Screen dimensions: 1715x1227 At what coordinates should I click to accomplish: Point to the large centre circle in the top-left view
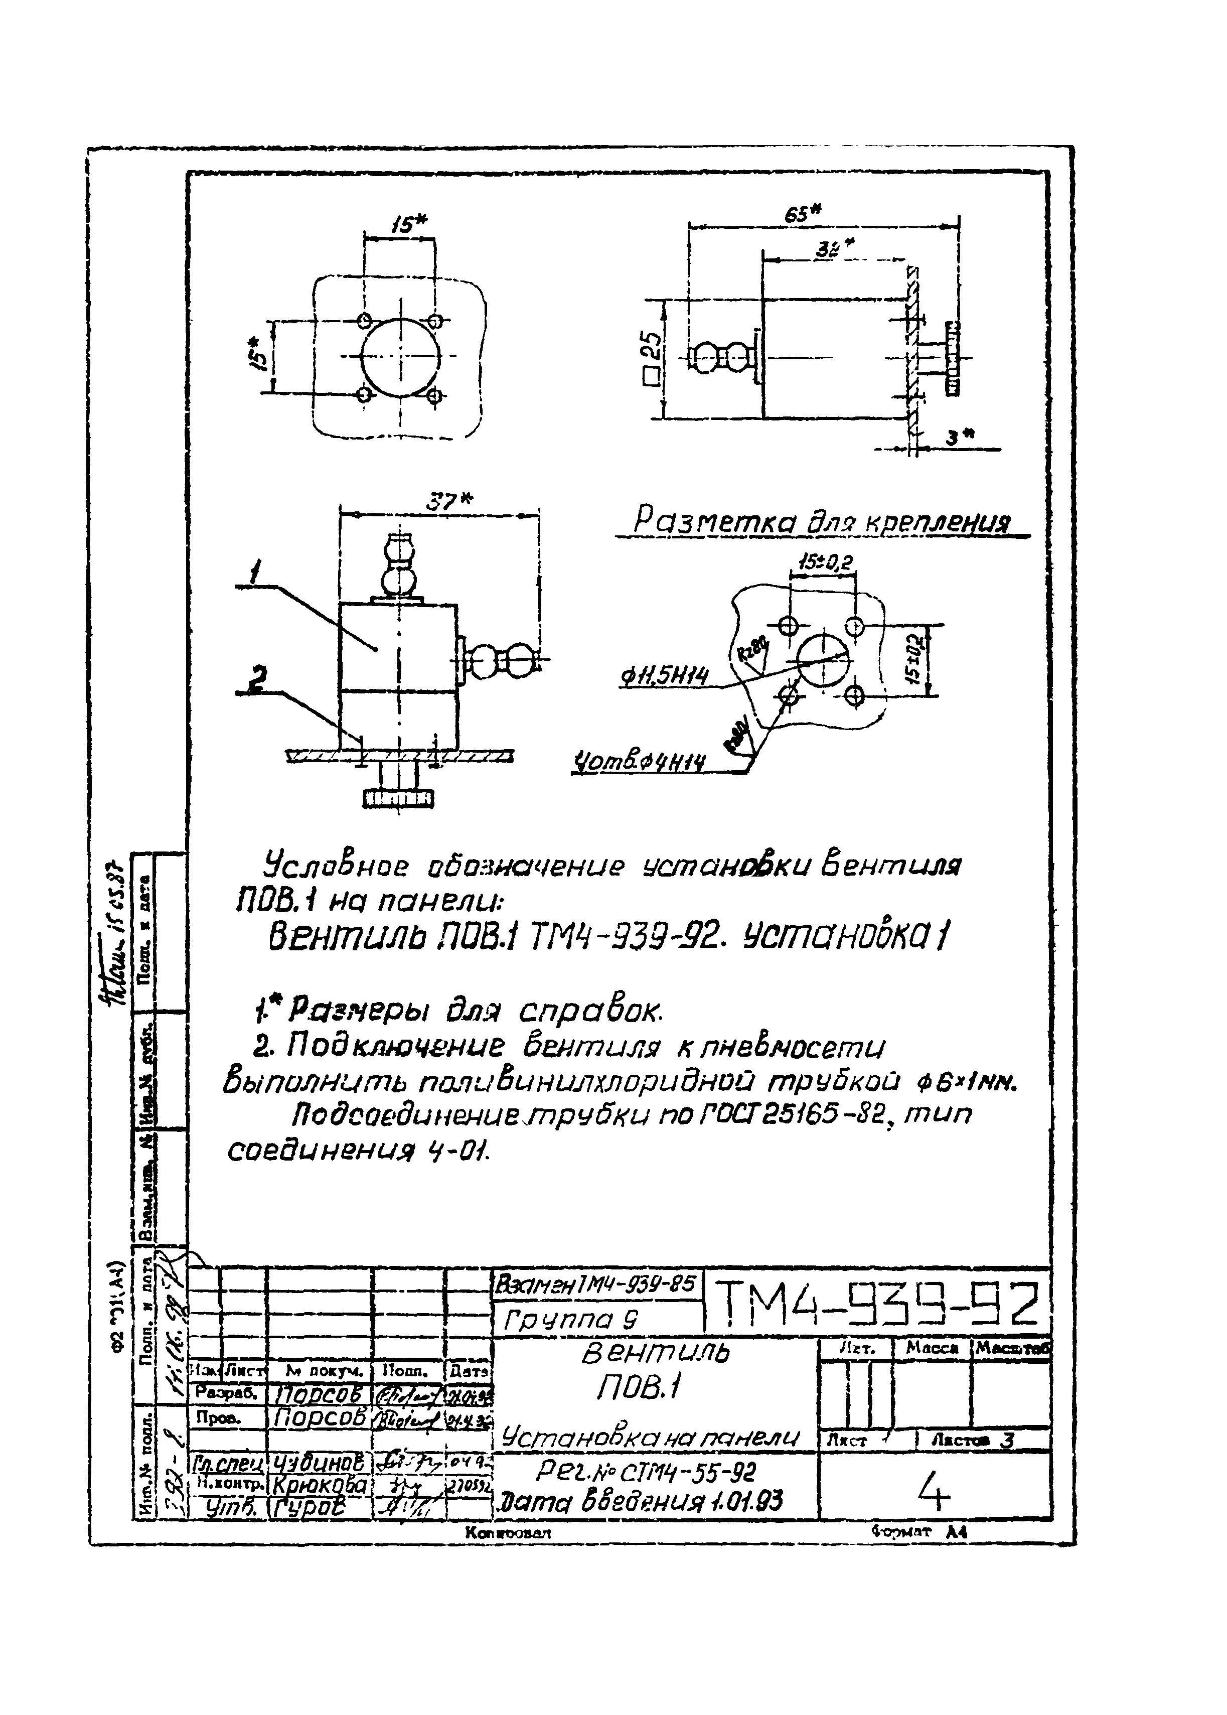pyautogui.click(x=399, y=358)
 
